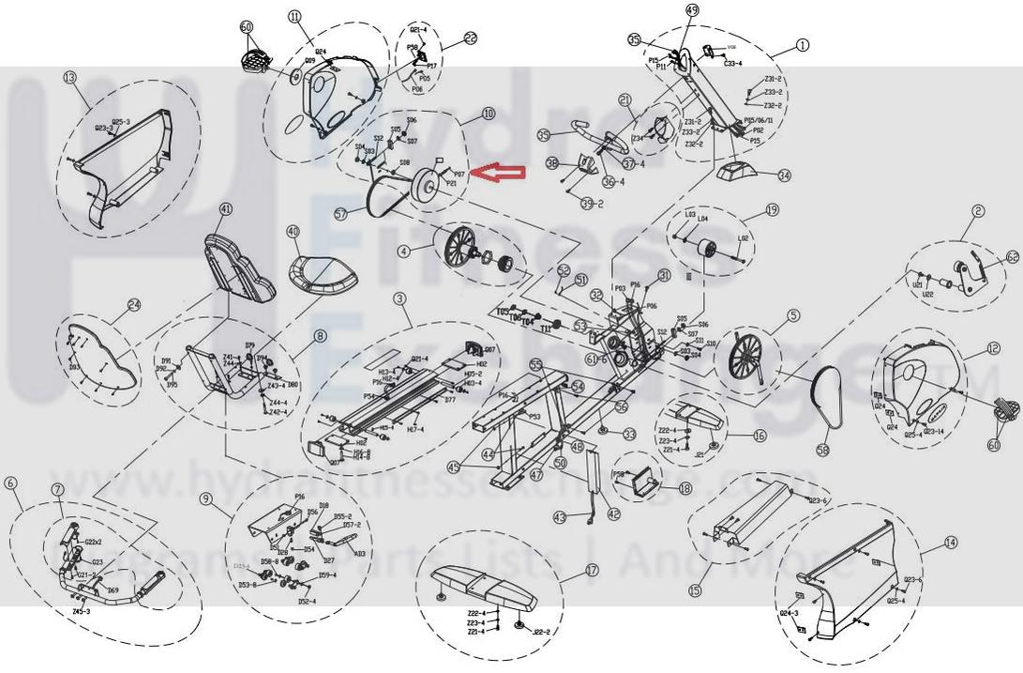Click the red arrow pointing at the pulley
pos(499,172)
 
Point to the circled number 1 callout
pos(802,44)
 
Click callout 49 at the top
pos(693,10)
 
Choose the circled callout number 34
pos(784,175)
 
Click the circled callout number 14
pos(951,542)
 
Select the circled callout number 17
pos(591,569)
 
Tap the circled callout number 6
pos(11,482)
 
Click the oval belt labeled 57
pos(375,201)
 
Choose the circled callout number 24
pos(134,305)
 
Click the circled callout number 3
pos(399,298)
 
